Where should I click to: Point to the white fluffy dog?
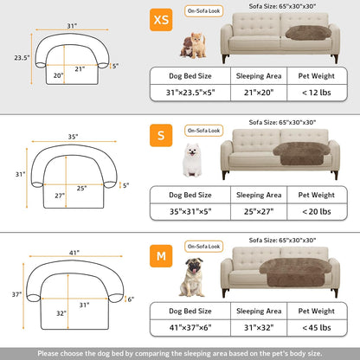click(x=191, y=158)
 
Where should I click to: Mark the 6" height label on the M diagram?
click(x=131, y=299)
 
